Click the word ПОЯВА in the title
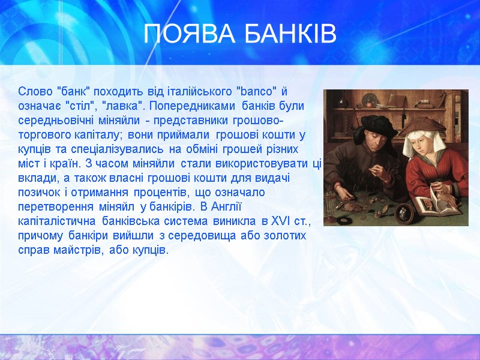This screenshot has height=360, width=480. [185, 35]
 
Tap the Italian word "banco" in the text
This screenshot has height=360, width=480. [258, 92]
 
